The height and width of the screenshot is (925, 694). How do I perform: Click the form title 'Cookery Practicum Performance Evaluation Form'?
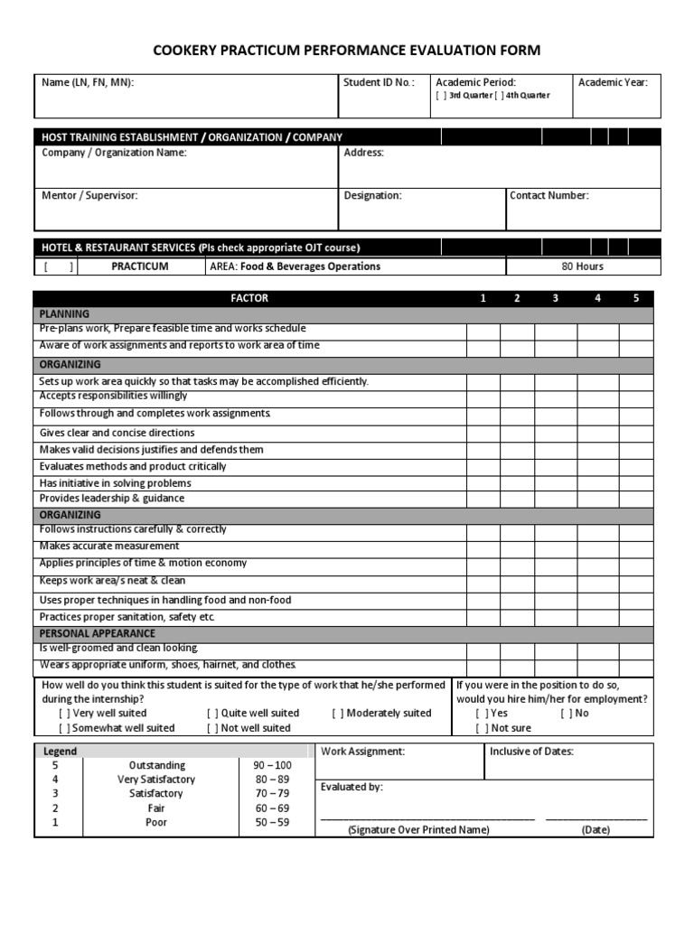tap(347, 51)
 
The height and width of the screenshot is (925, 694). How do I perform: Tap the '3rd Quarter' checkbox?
tap(441, 96)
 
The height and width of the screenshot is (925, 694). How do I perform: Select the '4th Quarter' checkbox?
tap(499, 96)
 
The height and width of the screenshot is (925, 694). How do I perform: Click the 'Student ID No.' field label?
tap(379, 82)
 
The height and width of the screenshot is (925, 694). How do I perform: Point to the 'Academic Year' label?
tap(613, 82)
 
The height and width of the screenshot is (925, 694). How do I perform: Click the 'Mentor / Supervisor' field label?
tap(89, 195)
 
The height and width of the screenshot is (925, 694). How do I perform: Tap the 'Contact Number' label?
tap(549, 195)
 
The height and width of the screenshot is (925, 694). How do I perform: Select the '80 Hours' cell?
tap(582, 266)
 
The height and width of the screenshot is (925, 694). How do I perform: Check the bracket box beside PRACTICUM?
tap(58, 266)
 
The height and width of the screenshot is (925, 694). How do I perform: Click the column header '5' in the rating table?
tap(635, 298)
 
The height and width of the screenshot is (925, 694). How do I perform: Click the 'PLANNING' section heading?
tap(64, 313)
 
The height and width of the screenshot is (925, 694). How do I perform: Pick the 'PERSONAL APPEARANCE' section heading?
tap(97, 633)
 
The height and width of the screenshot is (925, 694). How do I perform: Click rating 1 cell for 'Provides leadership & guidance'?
tap(483, 499)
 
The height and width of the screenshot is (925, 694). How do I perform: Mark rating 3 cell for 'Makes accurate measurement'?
tap(555, 547)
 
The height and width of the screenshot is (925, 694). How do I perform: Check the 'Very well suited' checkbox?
tap(65, 713)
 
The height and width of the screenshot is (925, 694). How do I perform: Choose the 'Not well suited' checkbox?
tap(212, 727)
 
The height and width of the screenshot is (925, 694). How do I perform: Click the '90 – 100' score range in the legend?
tap(273, 764)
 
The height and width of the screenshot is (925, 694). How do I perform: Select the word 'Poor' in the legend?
tap(155, 822)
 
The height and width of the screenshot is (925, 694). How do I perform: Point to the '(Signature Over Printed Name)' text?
tap(418, 829)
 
